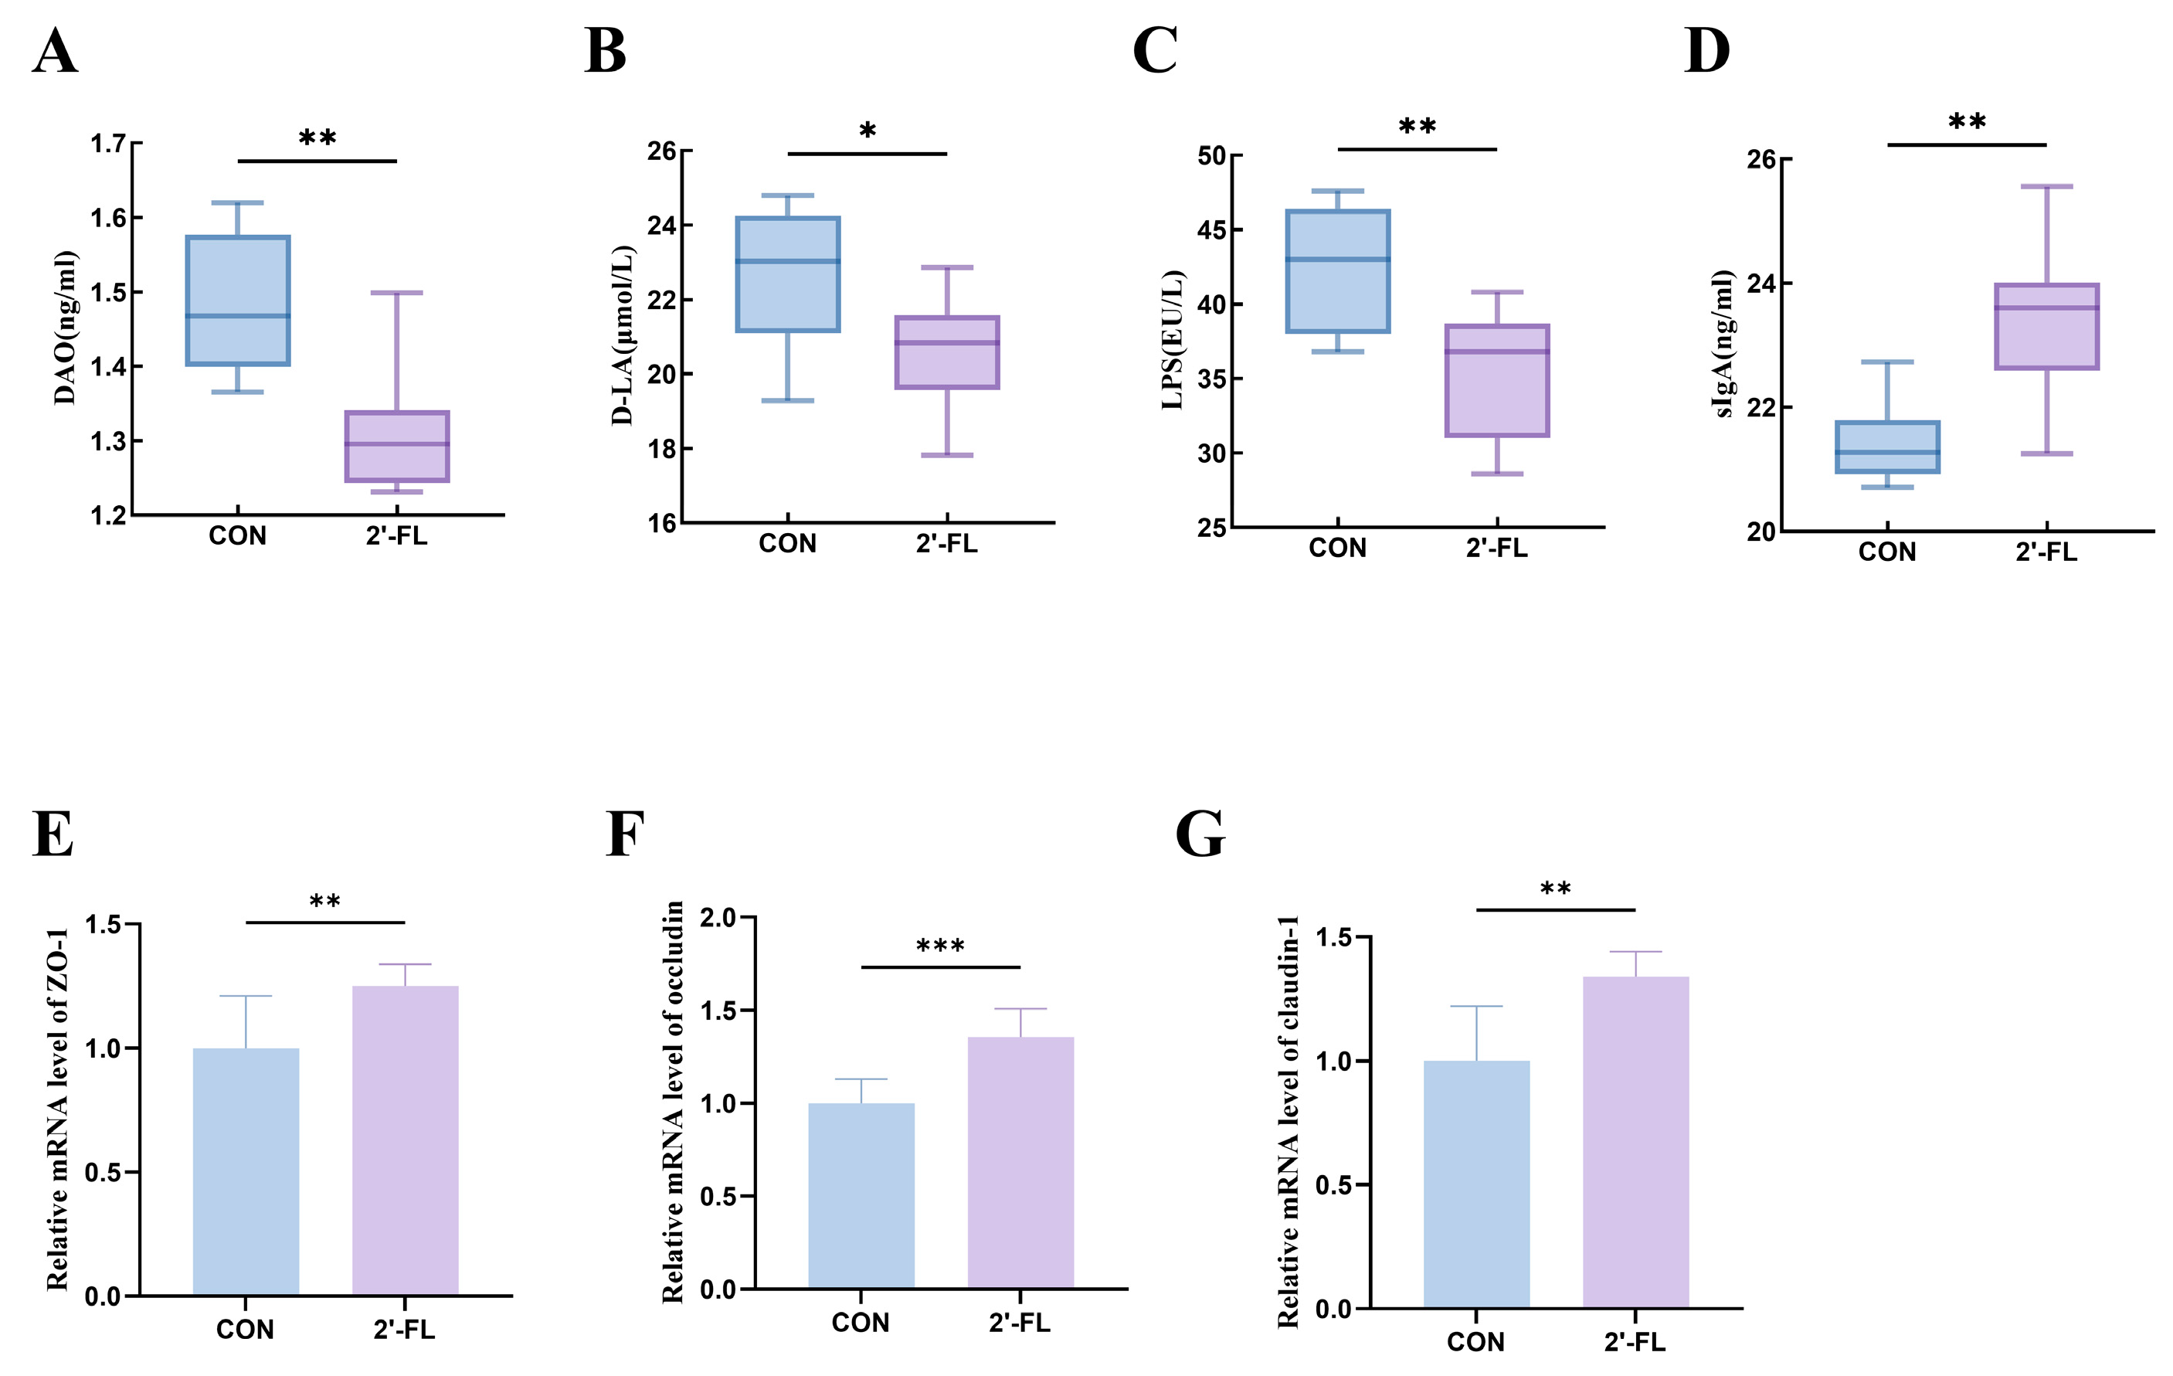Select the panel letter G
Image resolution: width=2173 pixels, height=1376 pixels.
point(1200,834)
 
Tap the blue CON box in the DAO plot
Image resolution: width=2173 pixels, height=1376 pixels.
point(238,301)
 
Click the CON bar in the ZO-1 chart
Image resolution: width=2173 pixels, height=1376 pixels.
point(246,1172)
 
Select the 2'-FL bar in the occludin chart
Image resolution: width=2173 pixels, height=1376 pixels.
point(1020,1162)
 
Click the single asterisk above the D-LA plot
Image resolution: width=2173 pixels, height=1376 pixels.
point(868,131)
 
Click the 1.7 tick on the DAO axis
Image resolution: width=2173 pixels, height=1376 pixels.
point(108,144)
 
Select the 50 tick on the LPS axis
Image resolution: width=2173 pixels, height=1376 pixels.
point(1212,156)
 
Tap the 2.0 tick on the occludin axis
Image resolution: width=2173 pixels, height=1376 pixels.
point(718,918)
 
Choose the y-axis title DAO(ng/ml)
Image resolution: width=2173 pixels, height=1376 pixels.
point(65,328)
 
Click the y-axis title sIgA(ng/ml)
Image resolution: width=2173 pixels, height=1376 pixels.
point(1723,344)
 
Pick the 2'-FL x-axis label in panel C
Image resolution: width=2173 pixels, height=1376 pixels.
point(1497,548)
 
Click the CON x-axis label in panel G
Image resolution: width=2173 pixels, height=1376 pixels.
point(1476,1342)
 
